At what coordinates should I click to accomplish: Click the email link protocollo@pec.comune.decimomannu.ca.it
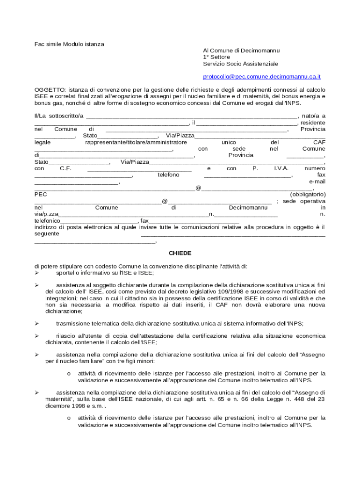(x=261, y=76)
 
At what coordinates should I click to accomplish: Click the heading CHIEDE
(x=180, y=253)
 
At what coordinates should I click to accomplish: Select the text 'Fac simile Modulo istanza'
(x=69, y=44)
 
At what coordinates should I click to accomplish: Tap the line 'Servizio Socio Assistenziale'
(x=240, y=63)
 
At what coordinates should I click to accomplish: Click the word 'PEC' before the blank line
(x=41, y=194)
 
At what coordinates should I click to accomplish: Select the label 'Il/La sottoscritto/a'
(x=59, y=116)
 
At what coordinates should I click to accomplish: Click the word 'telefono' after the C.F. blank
(x=168, y=174)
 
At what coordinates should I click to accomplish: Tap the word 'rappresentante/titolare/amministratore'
(x=136, y=142)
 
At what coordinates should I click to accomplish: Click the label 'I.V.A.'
(x=281, y=168)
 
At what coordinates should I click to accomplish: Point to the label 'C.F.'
(x=65, y=168)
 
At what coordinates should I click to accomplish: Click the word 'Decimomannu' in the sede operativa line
(x=248, y=207)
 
